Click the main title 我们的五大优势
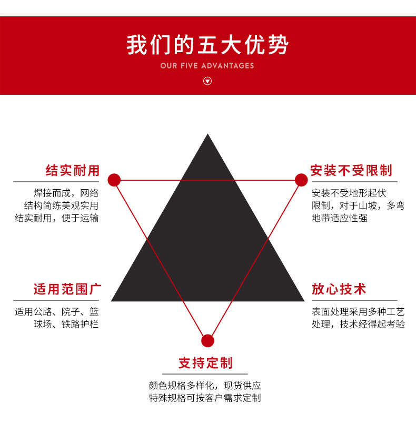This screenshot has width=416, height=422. pos(207,45)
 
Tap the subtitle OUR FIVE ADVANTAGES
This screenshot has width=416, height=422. pos(207,66)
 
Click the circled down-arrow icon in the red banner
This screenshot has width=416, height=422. pos(207,81)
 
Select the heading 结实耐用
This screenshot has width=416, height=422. pos(73,170)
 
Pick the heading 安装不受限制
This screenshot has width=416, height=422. pos(351,170)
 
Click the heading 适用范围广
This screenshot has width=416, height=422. pos(67,289)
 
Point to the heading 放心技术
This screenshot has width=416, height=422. pos(339,289)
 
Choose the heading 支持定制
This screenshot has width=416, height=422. pos(205,363)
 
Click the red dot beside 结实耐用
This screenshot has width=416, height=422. pos(114,180)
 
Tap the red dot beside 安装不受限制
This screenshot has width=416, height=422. pos(301,180)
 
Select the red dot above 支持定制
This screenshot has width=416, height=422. pos(207,341)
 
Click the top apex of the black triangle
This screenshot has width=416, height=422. pos(207,134)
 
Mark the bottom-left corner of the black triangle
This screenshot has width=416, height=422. pos(111,301)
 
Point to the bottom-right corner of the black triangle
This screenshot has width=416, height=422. pos(304,301)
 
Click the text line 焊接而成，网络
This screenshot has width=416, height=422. pos(66,193)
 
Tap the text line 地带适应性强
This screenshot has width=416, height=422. pos(340,218)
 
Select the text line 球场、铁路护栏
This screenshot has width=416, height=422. pos(66,324)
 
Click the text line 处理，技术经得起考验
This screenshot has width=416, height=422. pos(359,324)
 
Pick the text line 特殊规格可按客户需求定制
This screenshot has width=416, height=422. pos(205,398)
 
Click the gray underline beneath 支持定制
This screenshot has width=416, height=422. pos(205,374)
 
